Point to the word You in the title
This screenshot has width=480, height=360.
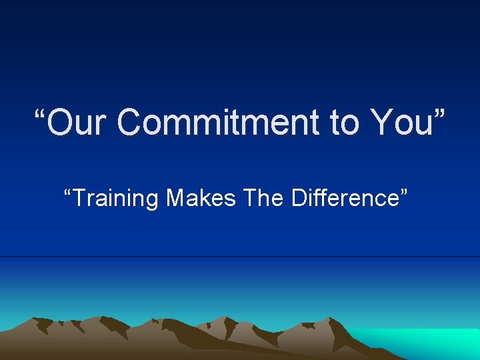point(400,123)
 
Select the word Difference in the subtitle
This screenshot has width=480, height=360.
point(348,198)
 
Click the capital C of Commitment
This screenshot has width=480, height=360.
point(131,123)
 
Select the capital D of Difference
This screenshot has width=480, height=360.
point(299,198)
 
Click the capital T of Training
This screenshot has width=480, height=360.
point(79,198)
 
